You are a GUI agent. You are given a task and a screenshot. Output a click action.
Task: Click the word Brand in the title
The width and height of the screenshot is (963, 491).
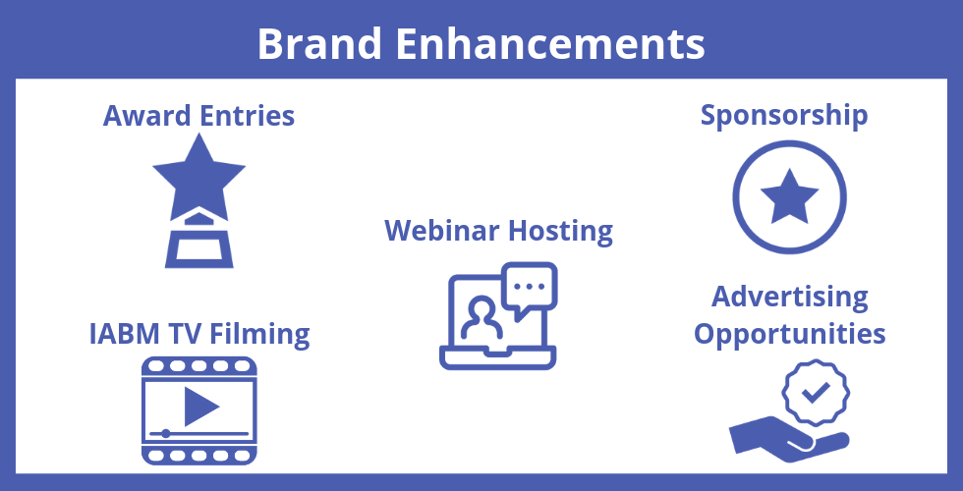(x=319, y=43)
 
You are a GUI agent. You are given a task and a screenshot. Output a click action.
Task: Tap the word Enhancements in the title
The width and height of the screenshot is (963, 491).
(x=549, y=43)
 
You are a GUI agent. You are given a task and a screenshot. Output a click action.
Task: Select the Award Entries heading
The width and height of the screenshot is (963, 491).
(x=198, y=116)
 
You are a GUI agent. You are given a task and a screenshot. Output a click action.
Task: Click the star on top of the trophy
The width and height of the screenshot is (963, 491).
(x=198, y=176)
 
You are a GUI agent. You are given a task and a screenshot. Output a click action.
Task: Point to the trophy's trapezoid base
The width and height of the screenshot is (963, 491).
(x=198, y=249)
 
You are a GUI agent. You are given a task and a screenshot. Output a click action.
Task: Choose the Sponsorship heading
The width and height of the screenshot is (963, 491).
(x=784, y=117)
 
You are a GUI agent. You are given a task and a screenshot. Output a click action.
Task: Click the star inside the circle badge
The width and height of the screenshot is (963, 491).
(x=789, y=196)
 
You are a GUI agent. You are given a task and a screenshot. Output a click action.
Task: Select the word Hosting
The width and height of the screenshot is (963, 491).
(x=561, y=232)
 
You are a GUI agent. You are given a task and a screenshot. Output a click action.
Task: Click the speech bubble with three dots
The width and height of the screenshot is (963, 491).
(x=530, y=289)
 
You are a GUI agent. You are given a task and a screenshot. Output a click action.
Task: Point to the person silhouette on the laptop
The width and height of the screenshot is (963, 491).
(x=482, y=318)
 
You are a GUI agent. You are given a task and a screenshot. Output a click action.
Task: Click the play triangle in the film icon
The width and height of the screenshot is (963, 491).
(x=201, y=406)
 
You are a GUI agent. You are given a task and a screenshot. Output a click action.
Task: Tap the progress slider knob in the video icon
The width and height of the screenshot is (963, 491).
(x=165, y=434)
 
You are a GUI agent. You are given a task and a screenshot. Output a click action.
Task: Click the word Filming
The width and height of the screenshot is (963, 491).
(x=259, y=335)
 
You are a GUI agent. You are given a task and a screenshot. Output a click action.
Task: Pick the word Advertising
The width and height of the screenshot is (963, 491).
(x=790, y=298)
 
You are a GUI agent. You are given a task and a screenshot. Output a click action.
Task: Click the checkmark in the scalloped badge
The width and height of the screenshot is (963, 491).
(x=816, y=392)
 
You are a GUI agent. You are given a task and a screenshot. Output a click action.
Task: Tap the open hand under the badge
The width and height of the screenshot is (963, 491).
(x=789, y=438)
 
